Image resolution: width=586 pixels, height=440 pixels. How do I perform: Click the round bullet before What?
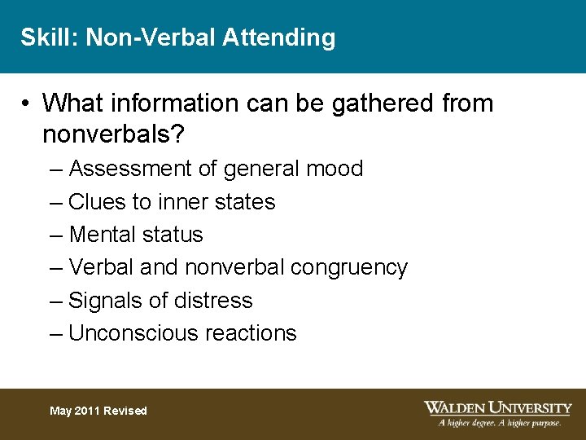(x=27, y=104)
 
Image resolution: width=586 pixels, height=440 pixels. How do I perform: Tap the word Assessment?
(x=133, y=169)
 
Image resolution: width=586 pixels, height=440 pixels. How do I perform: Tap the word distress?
(x=213, y=300)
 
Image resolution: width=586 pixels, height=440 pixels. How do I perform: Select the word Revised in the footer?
(x=125, y=411)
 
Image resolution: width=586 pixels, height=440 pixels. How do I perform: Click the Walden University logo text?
(x=497, y=407)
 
